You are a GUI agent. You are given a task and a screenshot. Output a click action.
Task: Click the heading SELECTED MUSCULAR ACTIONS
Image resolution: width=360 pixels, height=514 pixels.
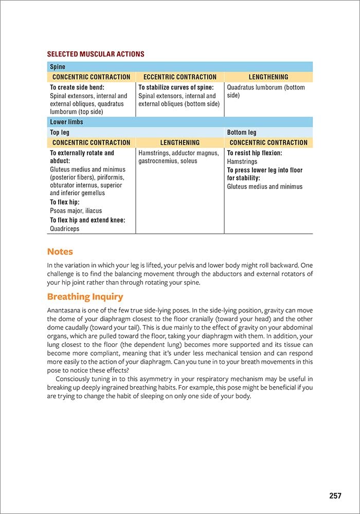(x=96, y=54)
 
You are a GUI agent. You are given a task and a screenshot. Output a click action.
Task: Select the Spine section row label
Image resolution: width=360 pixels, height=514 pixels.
(x=58, y=67)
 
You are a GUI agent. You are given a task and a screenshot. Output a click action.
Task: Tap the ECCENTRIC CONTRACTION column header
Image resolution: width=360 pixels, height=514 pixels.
(x=180, y=77)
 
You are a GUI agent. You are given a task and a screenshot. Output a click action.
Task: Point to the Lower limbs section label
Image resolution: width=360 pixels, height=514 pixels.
(x=66, y=122)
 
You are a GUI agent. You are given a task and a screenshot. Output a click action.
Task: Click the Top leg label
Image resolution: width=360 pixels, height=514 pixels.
(x=59, y=133)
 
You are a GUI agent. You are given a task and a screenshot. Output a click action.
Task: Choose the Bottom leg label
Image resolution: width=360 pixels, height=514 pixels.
(x=241, y=133)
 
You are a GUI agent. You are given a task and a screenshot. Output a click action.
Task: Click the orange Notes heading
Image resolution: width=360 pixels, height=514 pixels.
(x=60, y=252)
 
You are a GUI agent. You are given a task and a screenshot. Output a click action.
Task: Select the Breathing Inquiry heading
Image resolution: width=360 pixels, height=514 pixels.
(x=85, y=297)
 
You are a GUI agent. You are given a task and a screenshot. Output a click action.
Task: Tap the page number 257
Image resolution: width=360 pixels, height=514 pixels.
(x=335, y=496)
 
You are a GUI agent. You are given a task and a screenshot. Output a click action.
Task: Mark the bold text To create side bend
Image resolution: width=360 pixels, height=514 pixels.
(x=77, y=88)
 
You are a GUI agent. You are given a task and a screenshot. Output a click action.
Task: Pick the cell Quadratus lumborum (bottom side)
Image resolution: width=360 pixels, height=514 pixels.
(x=266, y=91)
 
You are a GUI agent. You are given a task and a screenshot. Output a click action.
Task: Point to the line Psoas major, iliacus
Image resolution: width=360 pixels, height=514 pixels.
(x=76, y=211)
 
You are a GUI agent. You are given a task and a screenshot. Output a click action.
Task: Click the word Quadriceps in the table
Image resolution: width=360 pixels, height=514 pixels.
(x=65, y=229)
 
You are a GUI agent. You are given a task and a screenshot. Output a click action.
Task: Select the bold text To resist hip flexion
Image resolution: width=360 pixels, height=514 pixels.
(x=255, y=153)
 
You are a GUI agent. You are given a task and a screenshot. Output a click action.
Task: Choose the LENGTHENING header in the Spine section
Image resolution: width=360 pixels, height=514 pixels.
(x=268, y=77)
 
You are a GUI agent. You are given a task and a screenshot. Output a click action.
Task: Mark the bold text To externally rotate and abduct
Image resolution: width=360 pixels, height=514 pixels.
(x=82, y=157)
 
